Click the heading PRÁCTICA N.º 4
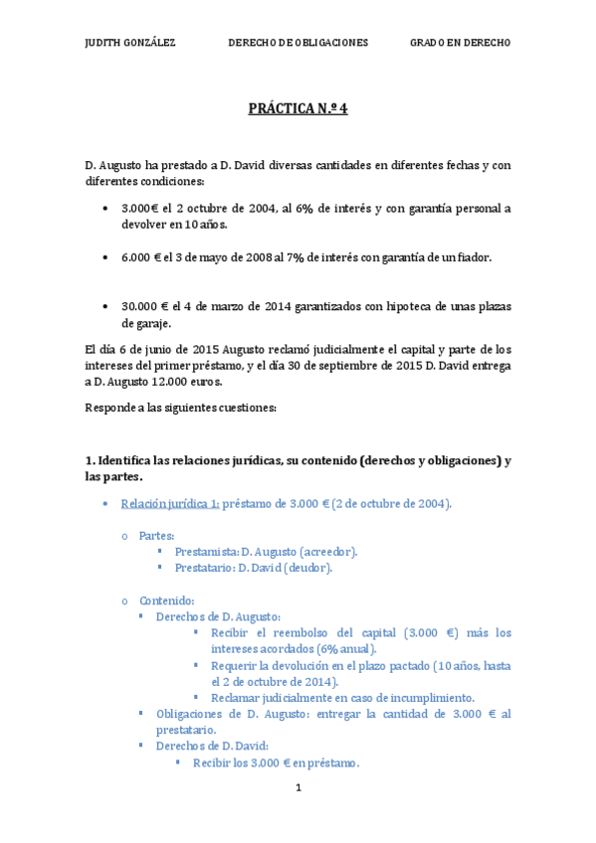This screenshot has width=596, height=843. [298, 109]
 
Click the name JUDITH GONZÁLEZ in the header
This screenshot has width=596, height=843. [130, 43]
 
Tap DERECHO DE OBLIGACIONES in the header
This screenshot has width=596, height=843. [298, 43]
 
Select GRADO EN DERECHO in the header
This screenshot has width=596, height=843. [460, 43]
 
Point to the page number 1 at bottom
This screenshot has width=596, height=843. [298, 787]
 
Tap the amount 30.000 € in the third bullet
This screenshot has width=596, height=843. [145, 306]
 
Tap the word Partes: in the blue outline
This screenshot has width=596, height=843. [156, 535]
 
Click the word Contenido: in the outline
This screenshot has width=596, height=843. [166, 600]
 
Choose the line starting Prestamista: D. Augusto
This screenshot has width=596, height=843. [266, 552]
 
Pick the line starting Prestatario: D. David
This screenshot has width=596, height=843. [253, 568]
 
